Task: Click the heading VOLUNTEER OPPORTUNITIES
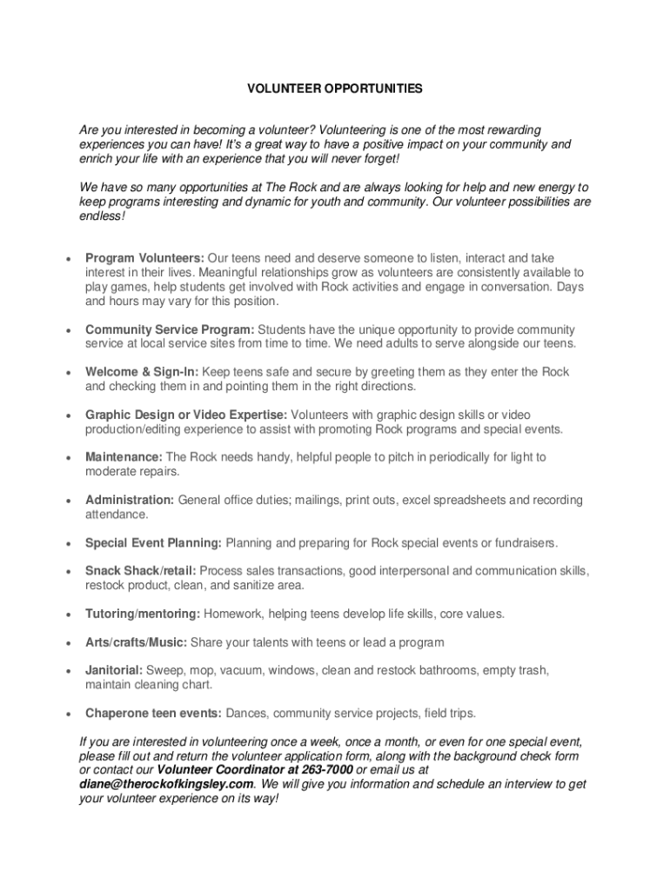335,88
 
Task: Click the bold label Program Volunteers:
144,258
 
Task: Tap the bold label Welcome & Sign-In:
137,372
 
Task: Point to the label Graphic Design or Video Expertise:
186,415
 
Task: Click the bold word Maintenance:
124,457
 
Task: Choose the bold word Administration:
130,500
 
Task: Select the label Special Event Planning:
154,543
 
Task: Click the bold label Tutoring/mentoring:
143,614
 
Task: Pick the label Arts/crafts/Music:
136,642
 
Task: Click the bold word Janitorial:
114,670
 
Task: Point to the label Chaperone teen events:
154,714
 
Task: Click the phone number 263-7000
328,770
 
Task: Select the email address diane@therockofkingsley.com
166,784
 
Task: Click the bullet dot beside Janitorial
67,672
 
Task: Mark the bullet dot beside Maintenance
67,458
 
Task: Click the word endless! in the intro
102,216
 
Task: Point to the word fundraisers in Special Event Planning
523,543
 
